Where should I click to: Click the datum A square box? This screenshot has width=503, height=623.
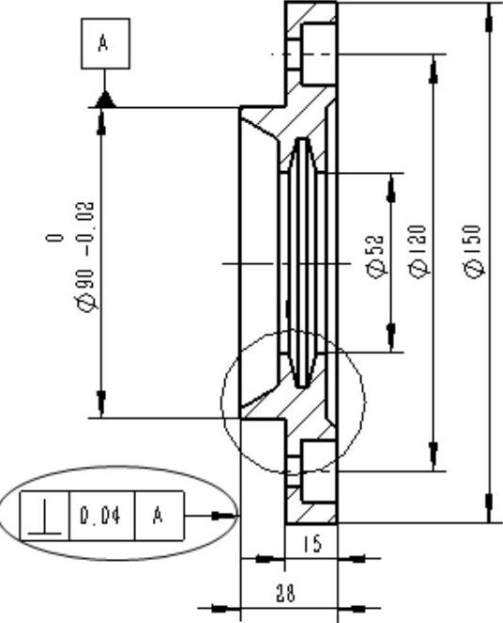(x=105, y=44)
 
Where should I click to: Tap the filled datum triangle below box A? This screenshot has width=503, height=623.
(x=105, y=101)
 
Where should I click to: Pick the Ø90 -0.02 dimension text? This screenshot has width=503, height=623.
(x=85, y=257)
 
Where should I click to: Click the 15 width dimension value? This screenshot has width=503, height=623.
(x=312, y=544)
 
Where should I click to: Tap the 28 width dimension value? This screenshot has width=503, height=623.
(x=285, y=593)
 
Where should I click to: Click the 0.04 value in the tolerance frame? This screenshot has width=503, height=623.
(x=100, y=516)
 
